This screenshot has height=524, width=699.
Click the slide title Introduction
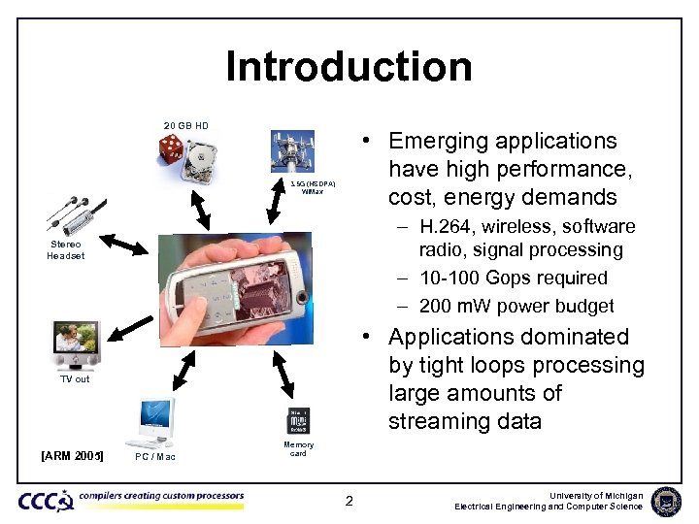[349, 67]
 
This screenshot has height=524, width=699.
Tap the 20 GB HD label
[185, 125]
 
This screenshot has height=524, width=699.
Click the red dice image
[171, 150]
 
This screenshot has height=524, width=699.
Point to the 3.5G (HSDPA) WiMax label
[313, 187]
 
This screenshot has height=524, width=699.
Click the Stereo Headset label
[65, 250]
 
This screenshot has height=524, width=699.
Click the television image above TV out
[76, 344]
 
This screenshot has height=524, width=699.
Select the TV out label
[75, 379]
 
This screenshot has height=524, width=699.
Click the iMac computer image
[155, 421]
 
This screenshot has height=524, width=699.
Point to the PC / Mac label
[155, 457]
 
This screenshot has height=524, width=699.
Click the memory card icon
[298, 421]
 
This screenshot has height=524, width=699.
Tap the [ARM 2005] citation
[72, 456]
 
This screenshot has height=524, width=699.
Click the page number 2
[349, 502]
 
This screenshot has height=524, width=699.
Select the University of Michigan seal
[666, 501]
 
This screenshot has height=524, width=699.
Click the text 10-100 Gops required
[513, 278]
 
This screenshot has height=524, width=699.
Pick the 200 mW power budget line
[516, 307]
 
